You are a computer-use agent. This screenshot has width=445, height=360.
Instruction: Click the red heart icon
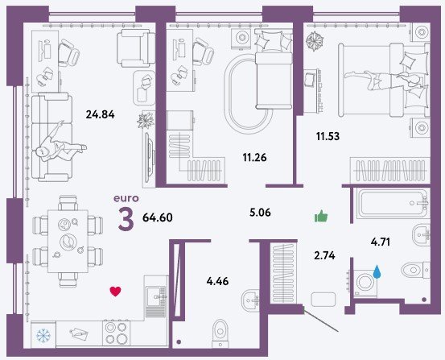pos(115,292)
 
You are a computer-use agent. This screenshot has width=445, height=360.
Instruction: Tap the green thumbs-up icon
pos(321,216)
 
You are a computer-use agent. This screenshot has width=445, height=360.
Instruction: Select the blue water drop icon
pos(377,271)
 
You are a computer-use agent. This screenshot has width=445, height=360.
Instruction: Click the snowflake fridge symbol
pos(43,335)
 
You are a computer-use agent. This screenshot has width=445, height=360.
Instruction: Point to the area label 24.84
pos(100,114)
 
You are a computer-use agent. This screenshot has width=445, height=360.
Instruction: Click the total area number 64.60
pos(158,217)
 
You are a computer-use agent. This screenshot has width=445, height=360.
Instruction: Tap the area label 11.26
pos(254,157)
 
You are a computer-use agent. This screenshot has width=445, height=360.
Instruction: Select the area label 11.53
pos(328,136)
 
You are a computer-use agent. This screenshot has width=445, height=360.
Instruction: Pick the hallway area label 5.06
pos(260,213)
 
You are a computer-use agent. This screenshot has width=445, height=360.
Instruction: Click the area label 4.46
pos(217,281)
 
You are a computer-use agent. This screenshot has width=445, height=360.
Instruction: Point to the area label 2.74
pos(324,256)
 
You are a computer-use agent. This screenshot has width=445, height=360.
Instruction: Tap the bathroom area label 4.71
pos(381,242)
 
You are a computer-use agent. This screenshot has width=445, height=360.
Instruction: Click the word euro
pos(126,198)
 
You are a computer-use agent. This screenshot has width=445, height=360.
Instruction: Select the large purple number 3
pos(126,218)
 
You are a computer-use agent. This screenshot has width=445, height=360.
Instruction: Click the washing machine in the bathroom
pos(365,283)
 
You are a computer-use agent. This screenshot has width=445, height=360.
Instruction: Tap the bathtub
pos(392,204)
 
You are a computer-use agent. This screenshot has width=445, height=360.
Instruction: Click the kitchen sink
pos(155,296)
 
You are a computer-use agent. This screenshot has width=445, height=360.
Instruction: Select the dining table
pos(68,242)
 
